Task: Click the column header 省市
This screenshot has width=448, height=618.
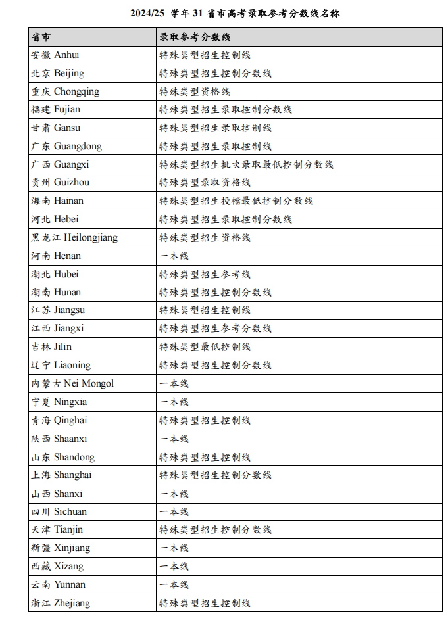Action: [41, 37]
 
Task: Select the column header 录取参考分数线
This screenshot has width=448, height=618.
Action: [195, 37]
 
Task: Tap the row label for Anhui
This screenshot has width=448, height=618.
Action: [55, 55]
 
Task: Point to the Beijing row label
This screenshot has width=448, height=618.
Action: [58, 74]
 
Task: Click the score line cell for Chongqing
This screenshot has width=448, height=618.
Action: [195, 91]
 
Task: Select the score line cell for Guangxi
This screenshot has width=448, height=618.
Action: [246, 164]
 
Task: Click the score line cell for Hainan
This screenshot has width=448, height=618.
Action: [236, 201]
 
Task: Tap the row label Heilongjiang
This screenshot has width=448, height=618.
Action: [74, 237]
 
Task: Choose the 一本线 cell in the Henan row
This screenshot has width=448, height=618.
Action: [174, 256]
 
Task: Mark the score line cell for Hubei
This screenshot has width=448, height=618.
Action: [205, 274]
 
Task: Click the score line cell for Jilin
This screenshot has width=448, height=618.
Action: [205, 346]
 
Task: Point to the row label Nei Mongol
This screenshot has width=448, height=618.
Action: [72, 383]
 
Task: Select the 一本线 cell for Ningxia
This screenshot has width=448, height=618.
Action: [174, 402]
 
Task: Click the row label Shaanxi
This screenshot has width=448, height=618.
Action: [59, 439]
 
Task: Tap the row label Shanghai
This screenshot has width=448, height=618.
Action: [62, 475]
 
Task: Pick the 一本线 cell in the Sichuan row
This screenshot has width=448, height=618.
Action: [174, 511]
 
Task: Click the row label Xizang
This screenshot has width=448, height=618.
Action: [57, 566]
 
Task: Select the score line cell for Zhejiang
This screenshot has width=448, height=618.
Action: [205, 603]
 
